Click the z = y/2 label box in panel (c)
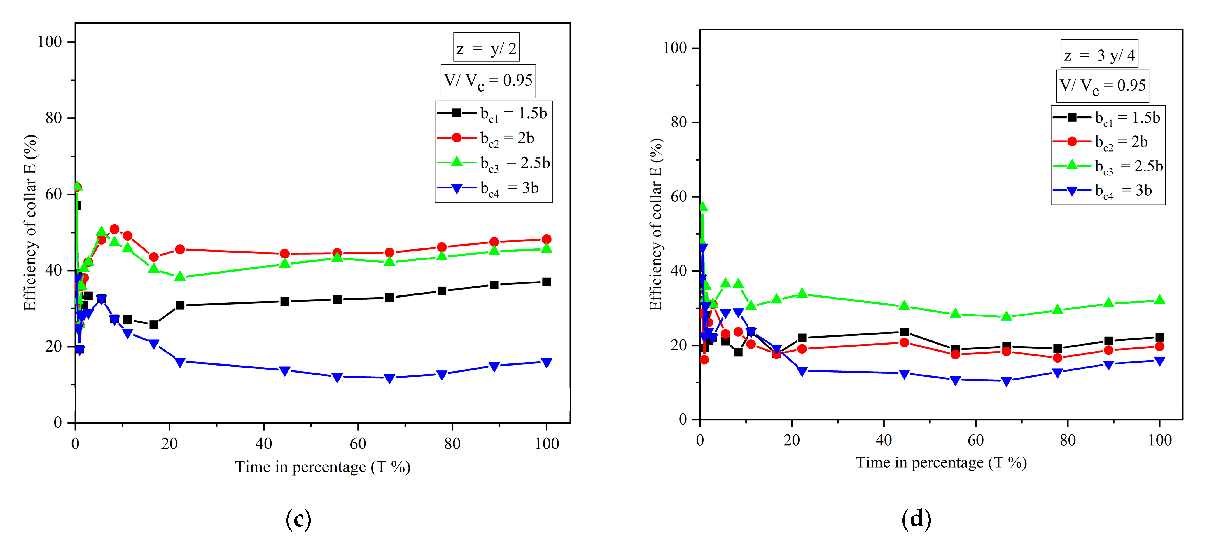point(486,47)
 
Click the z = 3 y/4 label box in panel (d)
point(1099,54)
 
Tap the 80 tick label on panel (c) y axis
point(53,118)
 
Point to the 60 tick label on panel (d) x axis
point(975,440)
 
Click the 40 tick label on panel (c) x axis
point(264,443)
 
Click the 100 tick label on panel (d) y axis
point(674,48)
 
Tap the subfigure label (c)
point(298,519)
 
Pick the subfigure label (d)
point(916,519)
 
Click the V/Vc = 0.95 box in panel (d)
point(1103,86)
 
